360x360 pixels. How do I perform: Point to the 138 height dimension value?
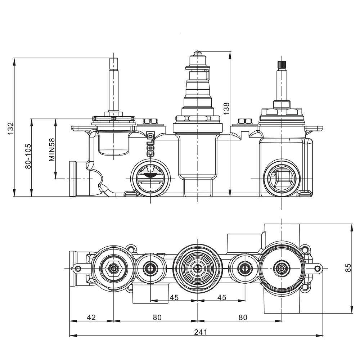click(x=226, y=108)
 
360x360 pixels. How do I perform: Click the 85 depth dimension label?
click(x=348, y=268)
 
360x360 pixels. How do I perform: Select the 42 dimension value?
click(x=91, y=317)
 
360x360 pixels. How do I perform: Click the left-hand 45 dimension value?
click(x=174, y=297)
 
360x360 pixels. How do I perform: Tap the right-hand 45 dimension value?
click(x=222, y=297)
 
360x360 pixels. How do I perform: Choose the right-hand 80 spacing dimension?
click(x=243, y=317)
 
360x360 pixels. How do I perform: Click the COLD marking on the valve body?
click(x=150, y=144)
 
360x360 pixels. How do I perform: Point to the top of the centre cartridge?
click(x=197, y=53)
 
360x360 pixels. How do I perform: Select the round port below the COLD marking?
click(x=150, y=176)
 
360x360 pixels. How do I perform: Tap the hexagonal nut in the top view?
click(x=114, y=268)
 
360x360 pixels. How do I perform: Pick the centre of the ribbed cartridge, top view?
click(x=198, y=268)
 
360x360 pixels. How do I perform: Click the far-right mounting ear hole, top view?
click(x=318, y=268)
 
